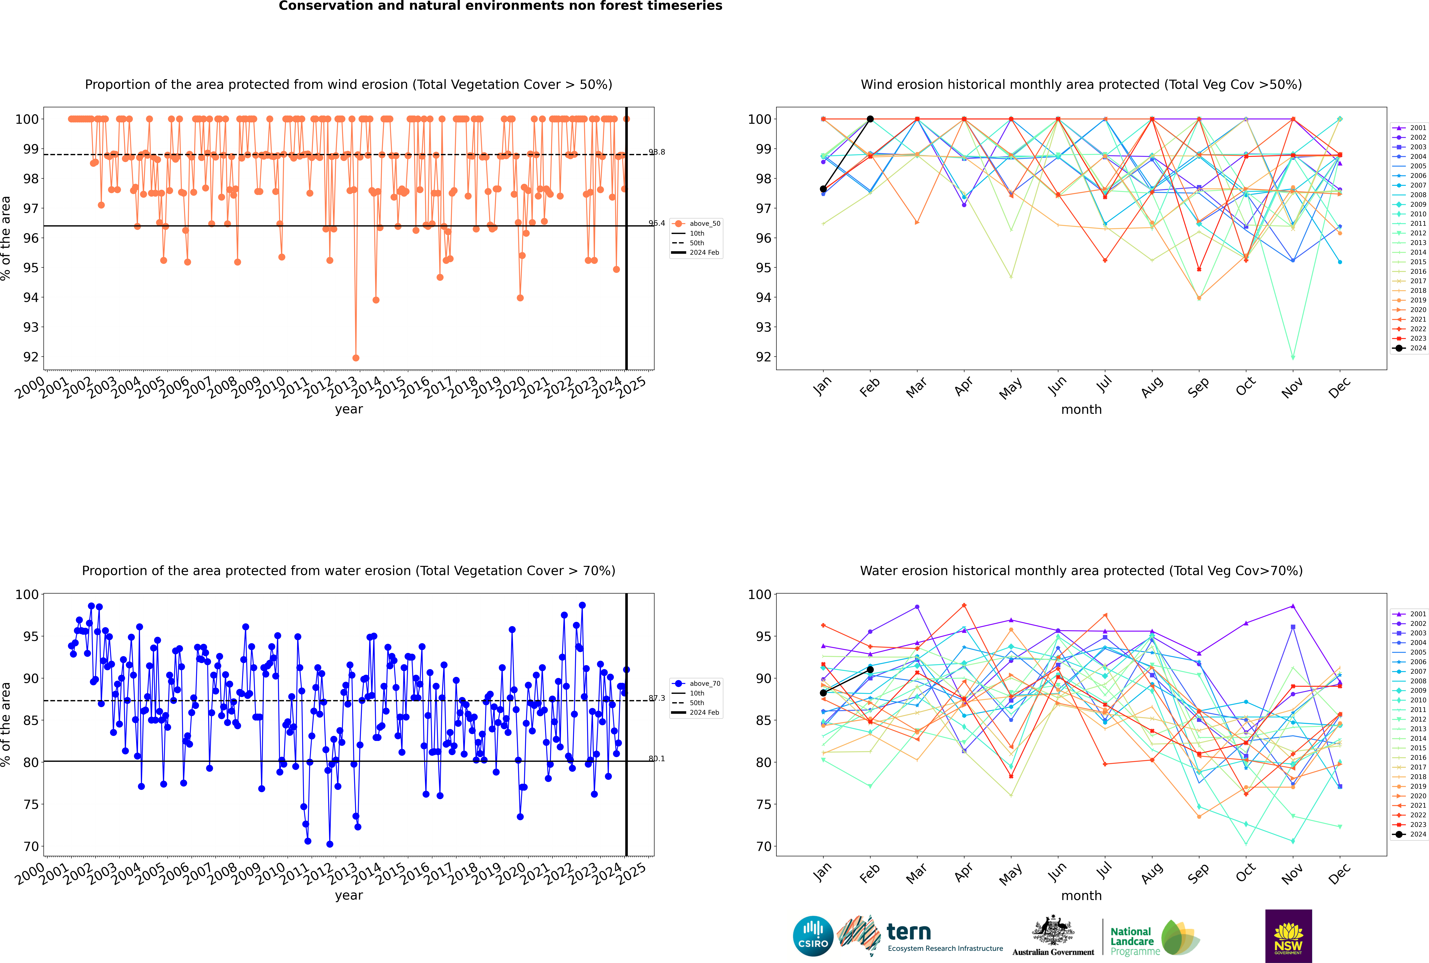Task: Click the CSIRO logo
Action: point(813,936)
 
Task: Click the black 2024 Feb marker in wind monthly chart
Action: point(870,119)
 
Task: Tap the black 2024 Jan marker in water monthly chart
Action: point(823,693)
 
